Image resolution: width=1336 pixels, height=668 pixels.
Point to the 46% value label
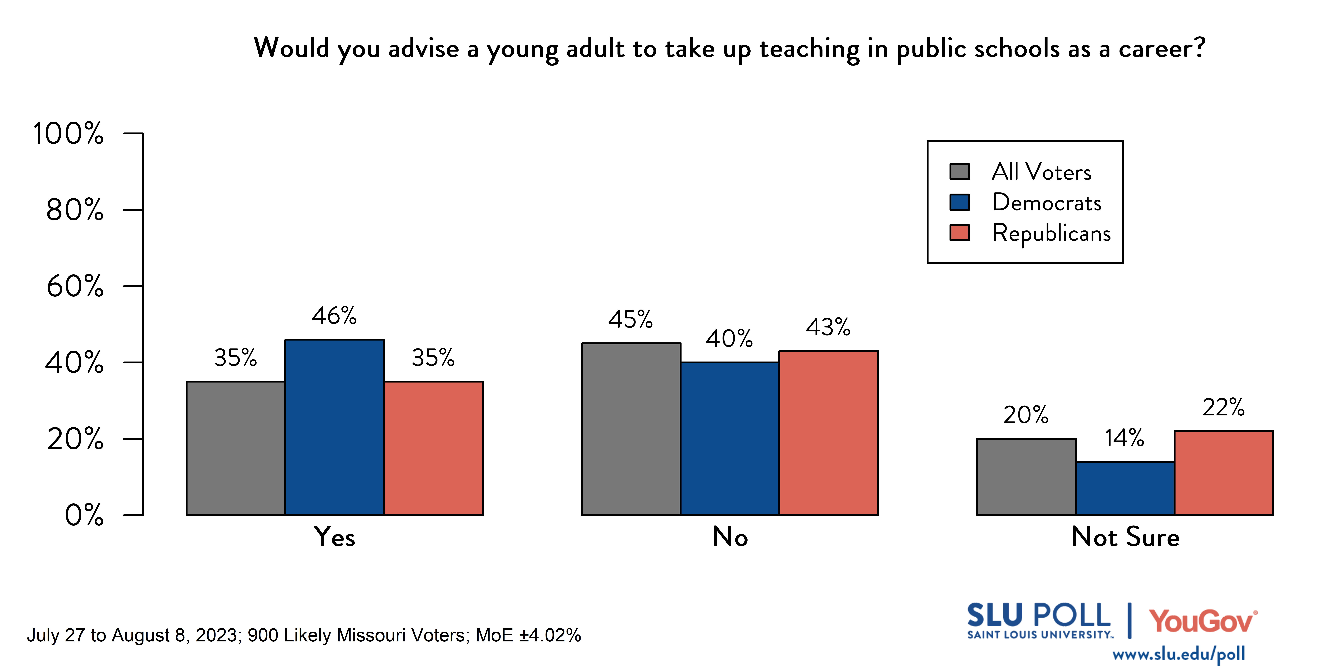point(334,315)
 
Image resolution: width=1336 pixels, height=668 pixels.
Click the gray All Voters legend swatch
point(959,172)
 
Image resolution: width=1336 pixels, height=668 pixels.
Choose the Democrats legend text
point(1047,202)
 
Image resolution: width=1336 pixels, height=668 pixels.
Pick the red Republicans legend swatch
point(959,233)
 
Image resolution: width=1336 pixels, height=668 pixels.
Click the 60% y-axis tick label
point(75,286)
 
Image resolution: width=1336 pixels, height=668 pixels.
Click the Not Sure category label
point(1125,537)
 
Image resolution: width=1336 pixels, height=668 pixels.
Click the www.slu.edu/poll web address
point(1178,654)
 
